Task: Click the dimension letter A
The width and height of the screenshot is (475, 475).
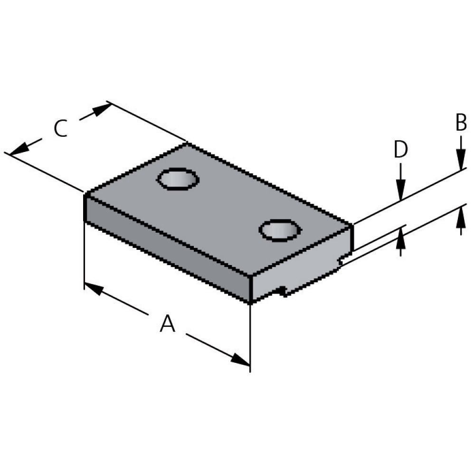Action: coord(168,324)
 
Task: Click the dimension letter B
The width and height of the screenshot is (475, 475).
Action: coord(461,123)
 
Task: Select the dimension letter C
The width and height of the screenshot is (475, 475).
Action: coord(60,129)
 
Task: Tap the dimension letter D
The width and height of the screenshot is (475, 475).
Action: coord(401,150)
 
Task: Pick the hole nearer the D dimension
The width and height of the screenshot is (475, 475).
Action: coord(280,230)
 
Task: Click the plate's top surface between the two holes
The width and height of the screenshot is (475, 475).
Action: coord(228,204)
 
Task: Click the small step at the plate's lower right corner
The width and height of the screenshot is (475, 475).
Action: coord(341,261)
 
